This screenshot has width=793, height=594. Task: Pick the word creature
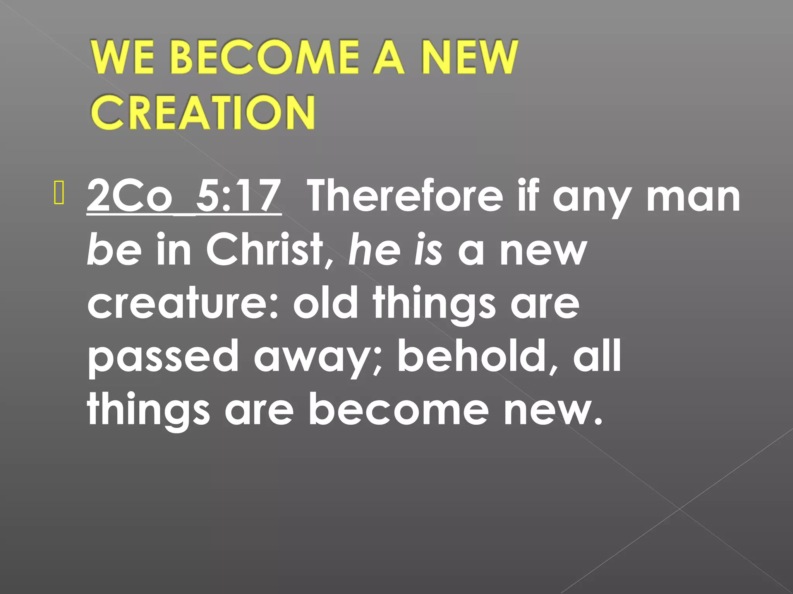pos(182,303)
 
